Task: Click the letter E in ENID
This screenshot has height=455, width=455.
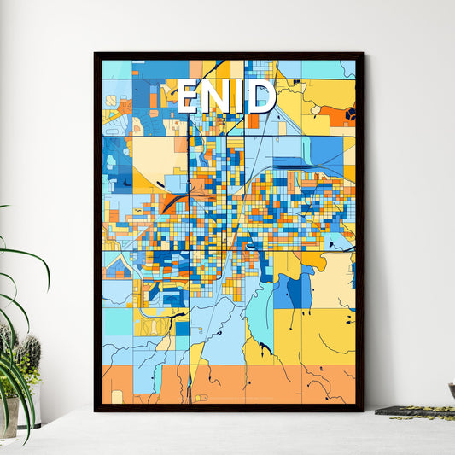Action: (189, 96)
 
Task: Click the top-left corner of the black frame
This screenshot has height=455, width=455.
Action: (96, 54)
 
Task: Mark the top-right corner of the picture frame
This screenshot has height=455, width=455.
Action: (362, 54)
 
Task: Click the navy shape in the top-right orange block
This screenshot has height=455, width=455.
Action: (349, 113)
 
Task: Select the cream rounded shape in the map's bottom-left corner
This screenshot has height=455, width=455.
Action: (117, 396)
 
